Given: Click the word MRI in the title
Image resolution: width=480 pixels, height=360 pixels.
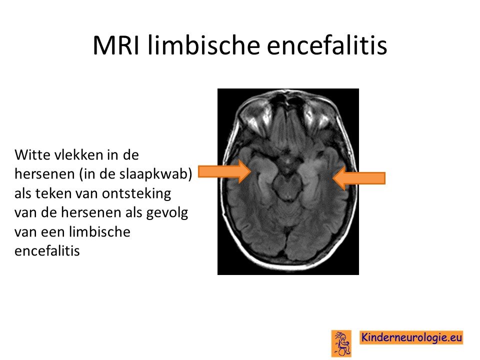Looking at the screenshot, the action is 116,45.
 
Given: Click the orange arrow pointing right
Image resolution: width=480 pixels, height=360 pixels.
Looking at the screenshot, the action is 224,171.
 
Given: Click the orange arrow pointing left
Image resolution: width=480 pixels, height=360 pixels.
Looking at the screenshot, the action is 359,178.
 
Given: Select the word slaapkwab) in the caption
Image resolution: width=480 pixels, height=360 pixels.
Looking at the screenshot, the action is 155,174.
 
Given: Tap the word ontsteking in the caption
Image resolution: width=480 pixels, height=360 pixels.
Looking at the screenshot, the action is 136,194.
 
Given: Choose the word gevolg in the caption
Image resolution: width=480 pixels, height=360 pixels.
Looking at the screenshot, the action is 167,213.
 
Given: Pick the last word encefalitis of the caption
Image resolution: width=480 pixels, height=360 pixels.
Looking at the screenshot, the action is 47,251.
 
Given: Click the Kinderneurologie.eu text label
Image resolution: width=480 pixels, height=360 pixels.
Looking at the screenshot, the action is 411,337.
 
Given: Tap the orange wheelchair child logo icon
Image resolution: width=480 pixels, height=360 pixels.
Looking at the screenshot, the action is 341,343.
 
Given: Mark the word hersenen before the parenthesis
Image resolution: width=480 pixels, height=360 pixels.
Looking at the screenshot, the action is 44,174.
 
